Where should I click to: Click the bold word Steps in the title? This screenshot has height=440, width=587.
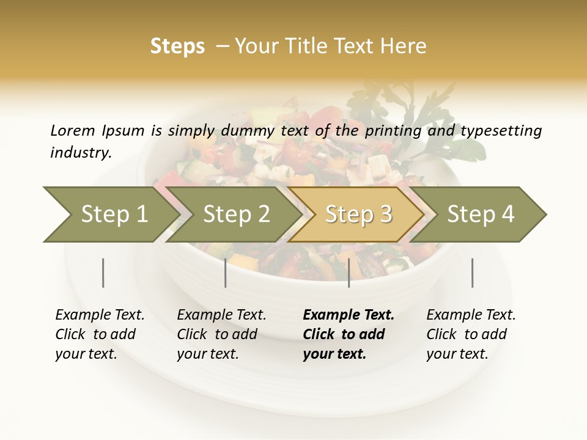pos(177,47)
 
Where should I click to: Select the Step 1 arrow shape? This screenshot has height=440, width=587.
pos(110,215)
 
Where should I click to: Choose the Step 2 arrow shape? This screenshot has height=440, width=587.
pos(235,215)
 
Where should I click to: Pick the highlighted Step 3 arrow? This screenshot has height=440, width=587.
pos(357,215)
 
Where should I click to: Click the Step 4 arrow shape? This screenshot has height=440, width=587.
pos(480,215)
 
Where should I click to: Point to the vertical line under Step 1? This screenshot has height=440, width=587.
pos(103,273)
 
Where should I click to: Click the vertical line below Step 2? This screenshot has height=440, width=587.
pos(225,273)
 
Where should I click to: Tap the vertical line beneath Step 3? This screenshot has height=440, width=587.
pos(349,273)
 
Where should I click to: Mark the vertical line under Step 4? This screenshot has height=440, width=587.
pos(472,273)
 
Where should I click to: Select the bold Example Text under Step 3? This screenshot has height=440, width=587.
pos(349,334)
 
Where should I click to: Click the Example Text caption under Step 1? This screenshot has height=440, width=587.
pos(100,334)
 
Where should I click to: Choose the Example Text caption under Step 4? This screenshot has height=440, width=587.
pos(471,334)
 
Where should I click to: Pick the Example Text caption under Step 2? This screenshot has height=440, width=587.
pos(221,334)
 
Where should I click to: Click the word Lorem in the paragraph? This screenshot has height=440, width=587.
pos(72,131)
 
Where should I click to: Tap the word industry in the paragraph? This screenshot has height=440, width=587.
pos(80,153)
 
